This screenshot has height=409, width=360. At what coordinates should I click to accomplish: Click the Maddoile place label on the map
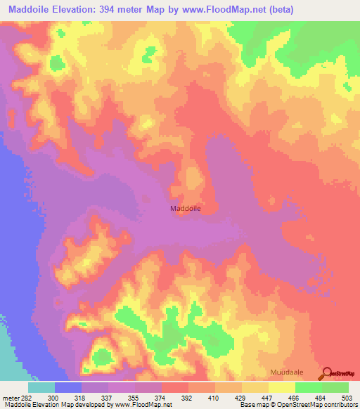(x=186, y=208)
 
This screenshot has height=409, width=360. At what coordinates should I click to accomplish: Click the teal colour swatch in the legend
(x=41, y=387)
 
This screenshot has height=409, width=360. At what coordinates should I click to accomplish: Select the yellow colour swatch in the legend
(x=282, y=387)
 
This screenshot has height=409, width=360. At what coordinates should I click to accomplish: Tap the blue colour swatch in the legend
(x=68, y=387)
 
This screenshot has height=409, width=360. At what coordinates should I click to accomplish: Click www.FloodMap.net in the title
(x=223, y=10)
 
